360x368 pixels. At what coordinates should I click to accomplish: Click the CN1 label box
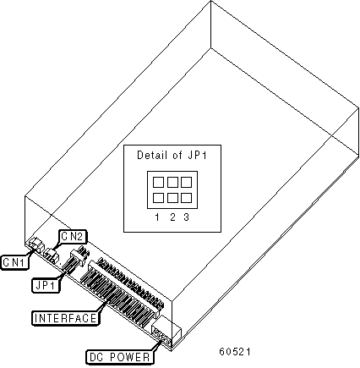(x=15, y=262)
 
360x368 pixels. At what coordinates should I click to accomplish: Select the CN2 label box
(x=73, y=237)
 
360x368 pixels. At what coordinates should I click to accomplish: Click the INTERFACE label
(x=65, y=318)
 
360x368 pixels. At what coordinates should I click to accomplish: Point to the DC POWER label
(x=119, y=357)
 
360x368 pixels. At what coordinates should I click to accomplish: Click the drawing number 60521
(x=235, y=351)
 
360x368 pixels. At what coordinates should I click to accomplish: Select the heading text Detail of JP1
(x=172, y=155)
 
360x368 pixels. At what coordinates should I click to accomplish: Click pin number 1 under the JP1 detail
(x=157, y=217)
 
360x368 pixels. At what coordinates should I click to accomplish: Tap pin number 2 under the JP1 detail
(x=172, y=217)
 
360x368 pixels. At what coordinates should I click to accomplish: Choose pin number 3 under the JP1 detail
(x=186, y=217)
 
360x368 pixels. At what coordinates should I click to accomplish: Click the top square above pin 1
(x=158, y=182)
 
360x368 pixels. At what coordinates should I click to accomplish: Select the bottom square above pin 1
(x=158, y=198)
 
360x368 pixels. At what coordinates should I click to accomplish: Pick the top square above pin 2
(x=172, y=182)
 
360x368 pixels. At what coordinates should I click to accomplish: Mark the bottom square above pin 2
(x=172, y=198)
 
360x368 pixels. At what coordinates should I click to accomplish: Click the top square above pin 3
(x=186, y=182)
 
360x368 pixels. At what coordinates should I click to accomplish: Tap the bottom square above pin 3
(x=186, y=198)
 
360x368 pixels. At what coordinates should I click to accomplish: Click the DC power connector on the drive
(x=166, y=332)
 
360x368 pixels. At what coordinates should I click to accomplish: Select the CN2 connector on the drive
(x=52, y=255)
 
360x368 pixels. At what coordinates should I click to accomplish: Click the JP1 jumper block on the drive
(x=75, y=259)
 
